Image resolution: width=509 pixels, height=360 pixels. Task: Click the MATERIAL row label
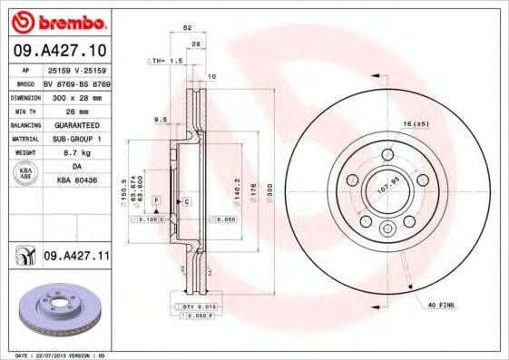tap(25, 140)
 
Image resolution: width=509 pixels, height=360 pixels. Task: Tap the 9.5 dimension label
tap(161, 119)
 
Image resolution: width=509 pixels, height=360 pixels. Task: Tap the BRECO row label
tap(25, 82)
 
